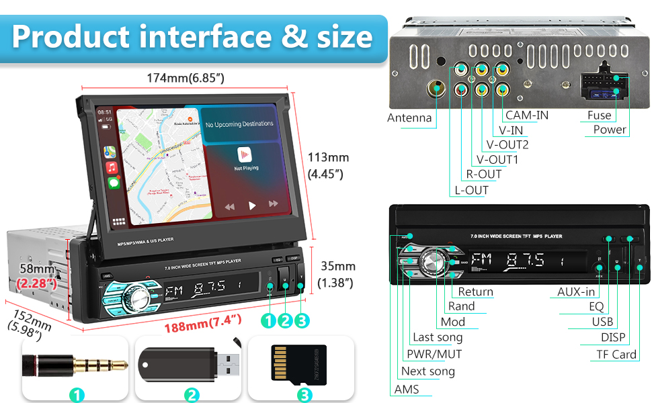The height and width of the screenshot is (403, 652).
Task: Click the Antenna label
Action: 409,118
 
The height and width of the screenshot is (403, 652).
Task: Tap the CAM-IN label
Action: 527,115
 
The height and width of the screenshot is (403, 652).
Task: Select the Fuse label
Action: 599,115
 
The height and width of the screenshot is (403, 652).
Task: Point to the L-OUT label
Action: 471,190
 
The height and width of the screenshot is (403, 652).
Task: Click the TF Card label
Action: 616,354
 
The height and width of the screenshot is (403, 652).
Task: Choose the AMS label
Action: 407,389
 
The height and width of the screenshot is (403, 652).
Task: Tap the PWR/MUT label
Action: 434,354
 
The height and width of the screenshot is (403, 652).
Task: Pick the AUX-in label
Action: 576,292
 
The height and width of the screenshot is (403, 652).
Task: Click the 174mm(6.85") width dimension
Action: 186,78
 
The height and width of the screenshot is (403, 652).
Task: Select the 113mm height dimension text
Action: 328,157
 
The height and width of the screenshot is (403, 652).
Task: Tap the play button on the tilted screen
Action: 252,206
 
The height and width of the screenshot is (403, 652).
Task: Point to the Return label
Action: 475,292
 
